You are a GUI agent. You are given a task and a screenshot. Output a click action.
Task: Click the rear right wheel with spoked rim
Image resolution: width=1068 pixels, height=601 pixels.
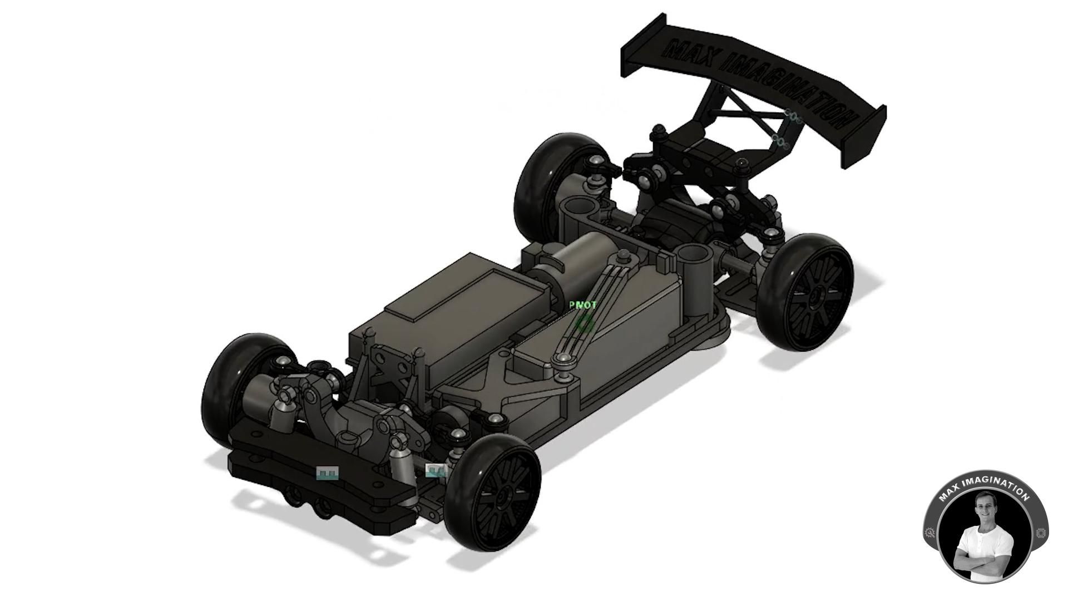coord(809,292)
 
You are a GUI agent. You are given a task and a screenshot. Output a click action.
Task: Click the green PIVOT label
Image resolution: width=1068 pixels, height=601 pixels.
coord(583,305)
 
